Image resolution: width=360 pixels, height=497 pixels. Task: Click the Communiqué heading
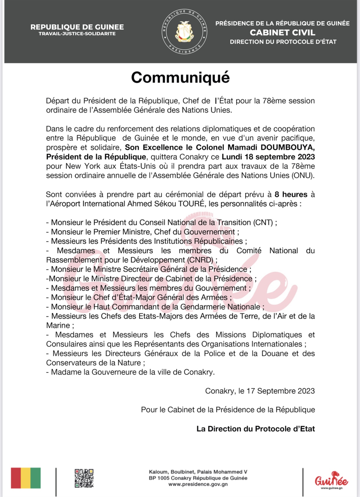tap(180, 78)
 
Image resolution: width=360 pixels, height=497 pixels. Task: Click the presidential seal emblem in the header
tap(184, 32)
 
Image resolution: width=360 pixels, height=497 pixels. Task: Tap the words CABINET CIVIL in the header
tap(282, 32)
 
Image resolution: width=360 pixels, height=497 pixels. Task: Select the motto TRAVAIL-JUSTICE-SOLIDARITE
tap(77, 34)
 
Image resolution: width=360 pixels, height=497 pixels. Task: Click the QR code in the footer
tap(84, 478)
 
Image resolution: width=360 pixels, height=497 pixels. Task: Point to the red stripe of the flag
tap(16, 478)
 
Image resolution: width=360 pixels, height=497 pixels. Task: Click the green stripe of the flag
tap(36, 478)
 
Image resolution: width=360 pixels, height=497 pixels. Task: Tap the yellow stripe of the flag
tap(26, 478)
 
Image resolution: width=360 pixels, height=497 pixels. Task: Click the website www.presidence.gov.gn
tap(198, 484)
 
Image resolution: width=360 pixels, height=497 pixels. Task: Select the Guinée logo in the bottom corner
tap(331, 480)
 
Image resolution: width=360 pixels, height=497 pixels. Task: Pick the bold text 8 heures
tap(291, 194)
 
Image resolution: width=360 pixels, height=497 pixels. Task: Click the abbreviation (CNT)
tap(263, 223)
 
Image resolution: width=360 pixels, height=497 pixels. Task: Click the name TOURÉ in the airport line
tap(191, 204)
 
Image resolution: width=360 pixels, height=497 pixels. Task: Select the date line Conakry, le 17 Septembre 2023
tap(260, 391)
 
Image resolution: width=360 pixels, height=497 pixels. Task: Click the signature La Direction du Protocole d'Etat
tap(255, 429)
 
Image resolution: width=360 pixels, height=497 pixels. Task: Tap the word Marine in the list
tap(58, 325)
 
